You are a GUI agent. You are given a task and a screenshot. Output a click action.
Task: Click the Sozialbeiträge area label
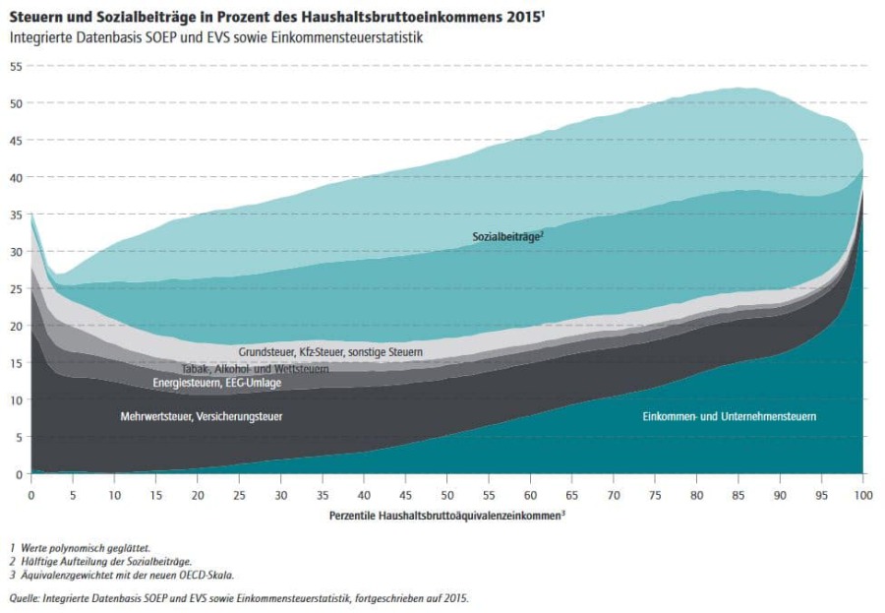pyautogui.click(x=507, y=236)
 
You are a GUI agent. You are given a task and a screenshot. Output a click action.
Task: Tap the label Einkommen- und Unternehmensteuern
pyautogui.click(x=729, y=417)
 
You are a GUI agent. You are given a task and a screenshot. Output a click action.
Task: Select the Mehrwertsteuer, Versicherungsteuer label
pyautogui.click(x=202, y=417)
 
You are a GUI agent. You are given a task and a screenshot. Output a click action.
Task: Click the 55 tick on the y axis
pyautogui.click(x=16, y=66)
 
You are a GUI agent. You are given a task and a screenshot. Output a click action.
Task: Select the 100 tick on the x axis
pyautogui.click(x=863, y=493)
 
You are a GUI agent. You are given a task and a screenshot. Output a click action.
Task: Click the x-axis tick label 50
pyautogui.click(x=447, y=493)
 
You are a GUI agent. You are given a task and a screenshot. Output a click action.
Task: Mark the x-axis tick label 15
pyautogui.click(x=156, y=493)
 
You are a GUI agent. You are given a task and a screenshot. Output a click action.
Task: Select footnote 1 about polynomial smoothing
pyautogui.click(x=81, y=547)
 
